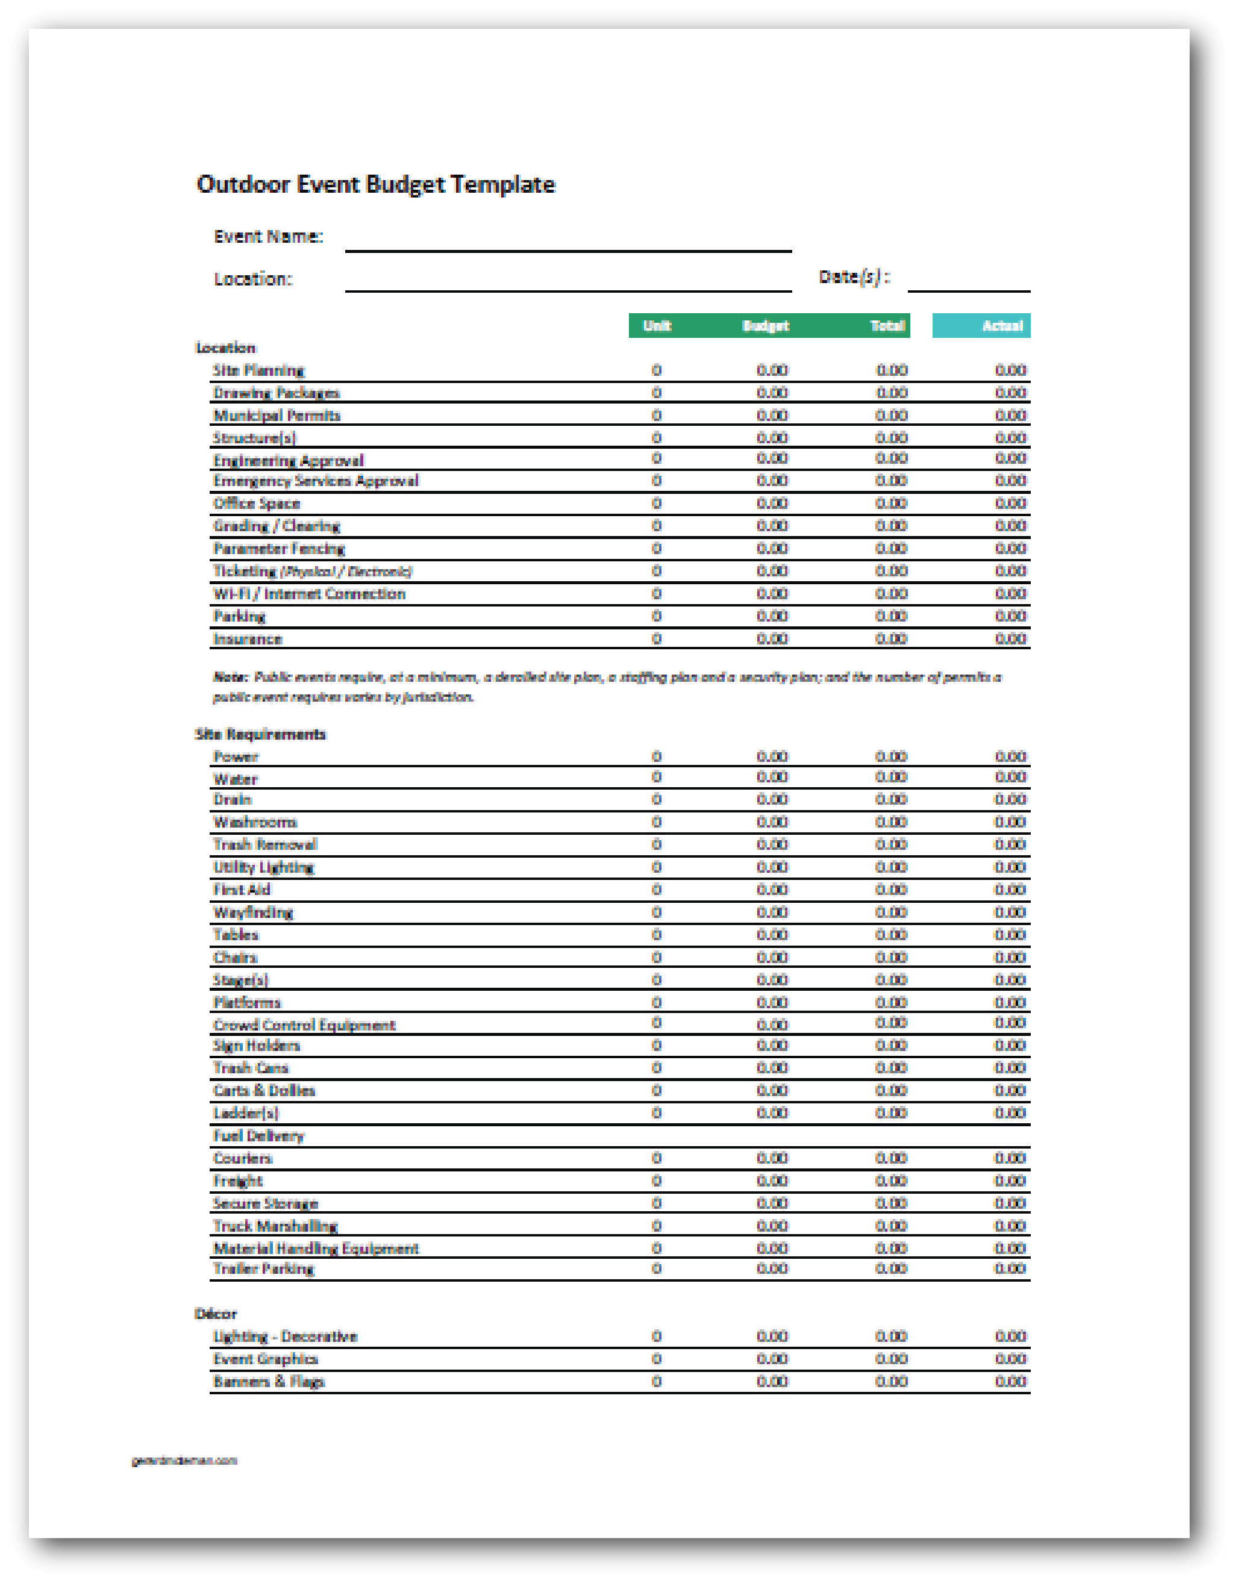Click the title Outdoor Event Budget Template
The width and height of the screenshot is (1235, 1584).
(375, 185)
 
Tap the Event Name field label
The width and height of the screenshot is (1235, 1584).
(267, 237)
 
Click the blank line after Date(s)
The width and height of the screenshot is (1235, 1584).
(968, 281)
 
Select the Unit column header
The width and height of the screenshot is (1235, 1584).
(657, 326)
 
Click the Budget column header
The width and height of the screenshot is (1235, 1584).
(766, 326)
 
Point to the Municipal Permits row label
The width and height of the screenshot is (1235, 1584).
(277, 416)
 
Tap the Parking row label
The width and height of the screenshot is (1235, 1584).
(239, 617)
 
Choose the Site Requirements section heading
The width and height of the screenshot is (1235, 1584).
(260, 734)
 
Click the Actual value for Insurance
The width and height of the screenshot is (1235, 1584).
(1010, 639)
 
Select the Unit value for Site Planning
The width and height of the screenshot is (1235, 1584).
(657, 370)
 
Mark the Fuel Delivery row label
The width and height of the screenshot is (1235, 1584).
(258, 1136)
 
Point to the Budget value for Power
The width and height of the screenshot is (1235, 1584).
(771, 756)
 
